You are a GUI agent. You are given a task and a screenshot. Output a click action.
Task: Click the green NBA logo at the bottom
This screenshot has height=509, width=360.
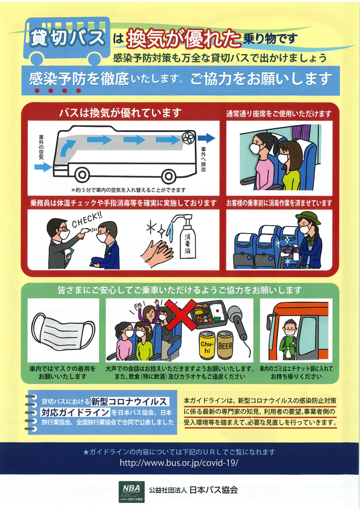(x=132, y=491)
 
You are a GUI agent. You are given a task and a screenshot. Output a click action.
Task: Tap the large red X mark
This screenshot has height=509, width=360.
(x=181, y=315)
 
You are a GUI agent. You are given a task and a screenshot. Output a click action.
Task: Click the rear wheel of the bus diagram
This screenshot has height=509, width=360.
(x=168, y=176)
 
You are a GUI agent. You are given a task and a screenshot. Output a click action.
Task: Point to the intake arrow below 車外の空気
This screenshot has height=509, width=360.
(x=43, y=167)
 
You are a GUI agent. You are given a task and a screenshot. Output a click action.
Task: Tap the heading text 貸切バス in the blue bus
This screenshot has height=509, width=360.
(x=68, y=37)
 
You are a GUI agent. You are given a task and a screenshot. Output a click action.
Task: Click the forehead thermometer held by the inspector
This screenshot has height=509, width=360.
(x=85, y=234)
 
